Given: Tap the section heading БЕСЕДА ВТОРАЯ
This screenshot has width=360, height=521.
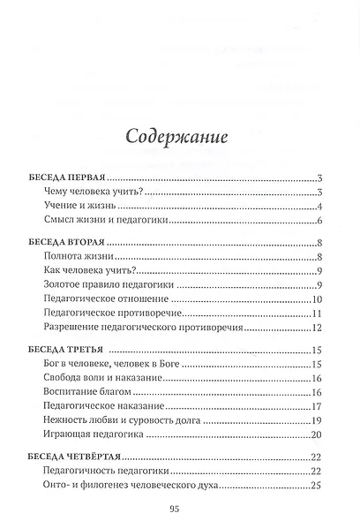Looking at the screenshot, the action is tap(67, 242).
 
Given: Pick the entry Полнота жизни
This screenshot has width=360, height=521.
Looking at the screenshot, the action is tap(75, 257).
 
